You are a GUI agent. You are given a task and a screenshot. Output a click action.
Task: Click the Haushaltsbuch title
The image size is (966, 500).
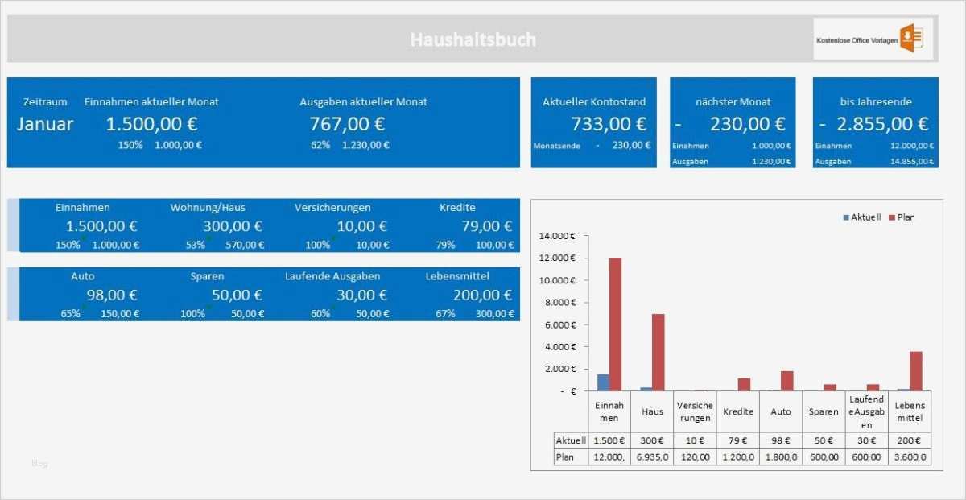473,39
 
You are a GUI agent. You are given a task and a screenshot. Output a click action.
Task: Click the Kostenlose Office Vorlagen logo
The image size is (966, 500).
873,39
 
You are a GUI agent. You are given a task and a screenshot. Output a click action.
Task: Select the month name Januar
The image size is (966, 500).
45,124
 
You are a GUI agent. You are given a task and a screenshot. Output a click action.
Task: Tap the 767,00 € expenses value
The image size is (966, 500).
347,124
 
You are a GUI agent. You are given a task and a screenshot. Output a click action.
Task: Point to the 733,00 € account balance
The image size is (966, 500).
608,124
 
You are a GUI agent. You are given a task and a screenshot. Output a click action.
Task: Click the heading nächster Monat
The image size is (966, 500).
733,101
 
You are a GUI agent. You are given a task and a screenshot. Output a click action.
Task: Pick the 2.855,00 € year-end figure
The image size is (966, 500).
882,124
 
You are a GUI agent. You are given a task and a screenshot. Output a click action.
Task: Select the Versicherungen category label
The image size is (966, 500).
332,207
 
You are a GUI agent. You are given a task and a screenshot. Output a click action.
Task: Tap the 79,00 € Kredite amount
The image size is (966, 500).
487,226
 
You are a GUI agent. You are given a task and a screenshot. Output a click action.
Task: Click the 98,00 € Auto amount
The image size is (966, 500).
112,295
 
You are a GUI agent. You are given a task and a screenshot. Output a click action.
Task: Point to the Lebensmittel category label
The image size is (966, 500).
457,276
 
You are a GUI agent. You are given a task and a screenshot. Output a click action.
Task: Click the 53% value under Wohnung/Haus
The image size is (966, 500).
195,245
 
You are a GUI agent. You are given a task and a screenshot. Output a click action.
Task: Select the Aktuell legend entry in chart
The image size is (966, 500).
862,217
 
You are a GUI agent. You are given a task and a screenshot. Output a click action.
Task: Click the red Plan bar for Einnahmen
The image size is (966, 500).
615,324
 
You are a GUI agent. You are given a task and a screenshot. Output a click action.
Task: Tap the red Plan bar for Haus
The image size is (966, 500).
658,352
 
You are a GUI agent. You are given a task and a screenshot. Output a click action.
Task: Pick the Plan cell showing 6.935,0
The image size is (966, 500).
652,457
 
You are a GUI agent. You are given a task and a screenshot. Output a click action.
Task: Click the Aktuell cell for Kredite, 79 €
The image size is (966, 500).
737,440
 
